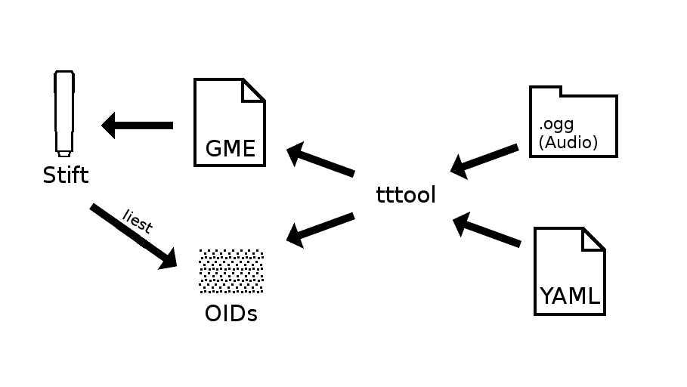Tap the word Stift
[65, 176]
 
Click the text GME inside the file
[230, 148]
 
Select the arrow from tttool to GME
[320, 162]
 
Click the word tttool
[406, 195]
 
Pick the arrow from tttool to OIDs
[320, 228]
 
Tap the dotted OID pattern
[231, 271]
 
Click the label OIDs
[231, 313]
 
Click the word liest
[138, 221]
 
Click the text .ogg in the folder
[556, 125]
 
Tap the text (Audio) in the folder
[568, 142]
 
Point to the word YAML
[569, 296]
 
